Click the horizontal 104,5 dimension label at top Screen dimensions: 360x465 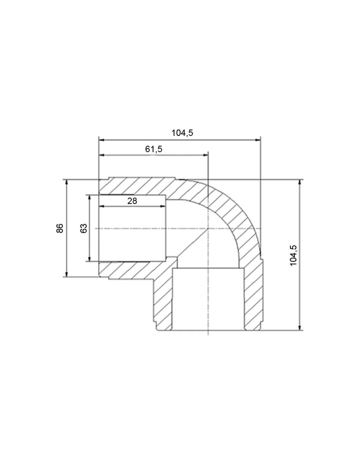pos(182,133)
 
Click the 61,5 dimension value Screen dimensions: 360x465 pos(153,149)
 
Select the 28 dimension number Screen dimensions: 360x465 pos(132,201)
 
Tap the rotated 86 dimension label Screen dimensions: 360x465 pos(60,228)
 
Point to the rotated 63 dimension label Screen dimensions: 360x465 pos(83,228)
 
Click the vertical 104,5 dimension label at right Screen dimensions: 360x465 pos(293,255)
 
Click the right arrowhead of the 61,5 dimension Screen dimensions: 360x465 pos(206,155)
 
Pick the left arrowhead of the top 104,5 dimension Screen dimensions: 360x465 pos(101,140)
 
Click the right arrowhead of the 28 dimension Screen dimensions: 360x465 pos(163,206)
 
